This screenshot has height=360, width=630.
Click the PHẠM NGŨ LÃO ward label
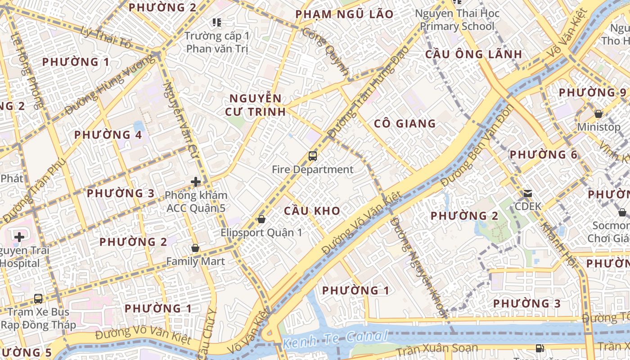tap(344, 14)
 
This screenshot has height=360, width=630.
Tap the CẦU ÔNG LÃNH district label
tap(474, 54)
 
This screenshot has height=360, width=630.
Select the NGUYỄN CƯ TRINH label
tap(257, 105)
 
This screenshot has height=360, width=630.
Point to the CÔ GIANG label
tap(405, 123)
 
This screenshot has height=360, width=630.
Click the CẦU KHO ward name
tap(312, 211)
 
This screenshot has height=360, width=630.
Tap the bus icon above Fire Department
tap(313, 156)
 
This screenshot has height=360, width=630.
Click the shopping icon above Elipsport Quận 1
tap(261, 219)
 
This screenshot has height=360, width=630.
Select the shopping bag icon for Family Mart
tap(195, 248)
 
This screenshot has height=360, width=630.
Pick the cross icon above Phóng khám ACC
tap(196, 182)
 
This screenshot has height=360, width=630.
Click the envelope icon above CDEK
tap(527, 193)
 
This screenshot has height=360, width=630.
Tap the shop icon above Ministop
tap(598, 114)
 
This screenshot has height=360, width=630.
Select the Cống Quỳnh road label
tap(326, 51)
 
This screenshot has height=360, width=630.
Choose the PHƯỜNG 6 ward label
tap(543, 155)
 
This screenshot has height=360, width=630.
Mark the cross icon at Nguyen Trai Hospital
tap(19, 237)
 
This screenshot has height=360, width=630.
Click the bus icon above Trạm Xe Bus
tap(39, 298)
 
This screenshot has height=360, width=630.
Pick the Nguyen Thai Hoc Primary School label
tap(457, 20)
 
